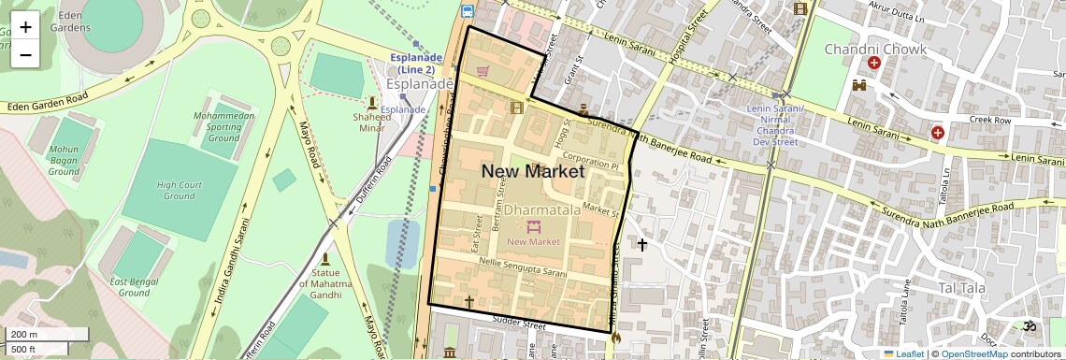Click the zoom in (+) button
[x=25, y=26]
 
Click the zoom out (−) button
[x=25, y=54]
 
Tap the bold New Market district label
[x=532, y=171]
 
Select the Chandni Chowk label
[x=874, y=49]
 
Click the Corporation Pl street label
[x=591, y=163]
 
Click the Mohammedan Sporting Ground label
[x=223, y=126]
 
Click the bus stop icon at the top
[x=467, y=11]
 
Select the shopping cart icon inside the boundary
[x=483, y=70]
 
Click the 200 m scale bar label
[x=24, y=335]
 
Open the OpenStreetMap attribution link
[x=973, y=353]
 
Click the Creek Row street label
[x=990, y=121]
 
